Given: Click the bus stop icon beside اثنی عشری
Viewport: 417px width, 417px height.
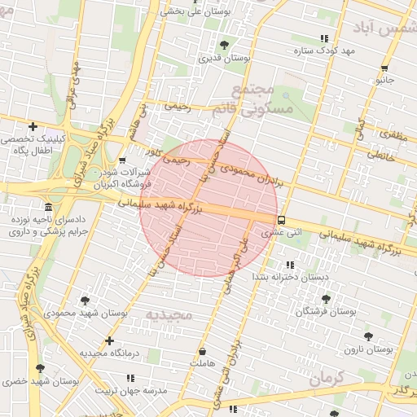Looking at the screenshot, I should [281, 220].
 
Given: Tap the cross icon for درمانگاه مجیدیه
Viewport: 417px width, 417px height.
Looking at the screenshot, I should [109, 340].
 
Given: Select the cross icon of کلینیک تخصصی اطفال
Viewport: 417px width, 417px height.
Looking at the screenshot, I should [33, 126].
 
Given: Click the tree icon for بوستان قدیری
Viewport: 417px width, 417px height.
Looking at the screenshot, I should [224, 44].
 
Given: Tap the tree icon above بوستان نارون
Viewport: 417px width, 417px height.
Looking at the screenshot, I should [368, 336].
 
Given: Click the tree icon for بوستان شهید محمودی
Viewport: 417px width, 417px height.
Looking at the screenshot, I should [86, 301].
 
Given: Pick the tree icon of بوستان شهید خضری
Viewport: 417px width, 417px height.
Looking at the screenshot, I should [40, 368].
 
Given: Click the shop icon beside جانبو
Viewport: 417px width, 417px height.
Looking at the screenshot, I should [384, 68].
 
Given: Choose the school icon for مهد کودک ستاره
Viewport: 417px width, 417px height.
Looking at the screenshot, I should [324, 38].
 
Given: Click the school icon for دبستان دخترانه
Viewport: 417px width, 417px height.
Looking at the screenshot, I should [290, 265].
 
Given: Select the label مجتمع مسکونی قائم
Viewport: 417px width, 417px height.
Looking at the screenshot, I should [255, 99].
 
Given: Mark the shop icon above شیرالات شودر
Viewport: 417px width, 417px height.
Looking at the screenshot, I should [121, 160].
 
